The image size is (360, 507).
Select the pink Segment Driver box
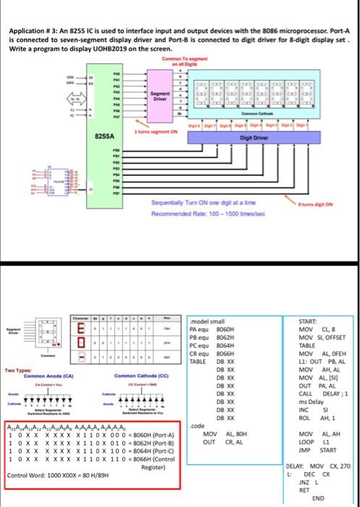pyautogui.click(x=161, y=97)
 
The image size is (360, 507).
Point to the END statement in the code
pyautogui.click(x=317, y=498)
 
